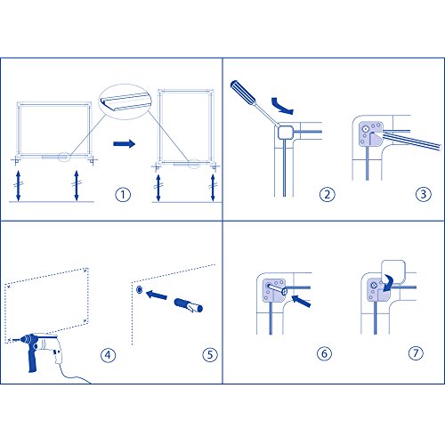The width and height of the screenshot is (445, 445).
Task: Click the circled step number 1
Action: (x=123, y=195)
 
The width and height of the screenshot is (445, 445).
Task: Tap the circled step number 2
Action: (x=327, y=195)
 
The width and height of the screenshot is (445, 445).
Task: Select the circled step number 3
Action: (x=423, y=194)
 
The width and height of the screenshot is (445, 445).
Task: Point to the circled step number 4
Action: (x=108, y=355)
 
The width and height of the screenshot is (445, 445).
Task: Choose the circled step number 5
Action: (x=210, y=354)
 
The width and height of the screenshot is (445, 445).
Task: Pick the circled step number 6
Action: (x=324, y=353)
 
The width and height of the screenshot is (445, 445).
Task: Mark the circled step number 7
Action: (x=416, y=353)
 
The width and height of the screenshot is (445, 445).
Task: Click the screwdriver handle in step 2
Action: (x=242, y=92)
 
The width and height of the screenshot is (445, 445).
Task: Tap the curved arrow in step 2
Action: (x=281, y=106)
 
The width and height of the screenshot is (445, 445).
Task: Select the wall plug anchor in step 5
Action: (x=189, y=305)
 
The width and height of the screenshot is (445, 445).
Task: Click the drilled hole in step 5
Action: (x=139, y=290)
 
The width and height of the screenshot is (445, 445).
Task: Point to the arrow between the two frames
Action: (x=124, y=144)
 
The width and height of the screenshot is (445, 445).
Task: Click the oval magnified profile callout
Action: (x=125, y=101)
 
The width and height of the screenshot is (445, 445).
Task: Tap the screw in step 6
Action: (x=277, y=289)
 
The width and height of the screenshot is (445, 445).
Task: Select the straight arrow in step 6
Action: (x=301, y=301)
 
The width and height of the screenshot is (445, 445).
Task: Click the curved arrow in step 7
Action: (x=387, y=284)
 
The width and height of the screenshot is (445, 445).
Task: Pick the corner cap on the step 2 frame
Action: (x=286, y=132)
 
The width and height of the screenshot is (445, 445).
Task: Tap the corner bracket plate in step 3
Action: (x=370, y=133)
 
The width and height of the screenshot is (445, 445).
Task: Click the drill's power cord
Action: (x=74, y=375)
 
